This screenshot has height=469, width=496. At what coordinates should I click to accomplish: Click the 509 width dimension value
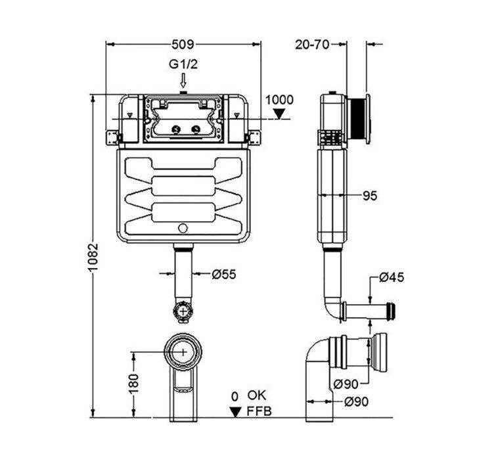(x=183, y=45)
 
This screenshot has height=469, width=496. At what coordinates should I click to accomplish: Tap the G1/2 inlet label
(x=183, y=65)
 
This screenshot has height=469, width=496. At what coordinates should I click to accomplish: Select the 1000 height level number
(x=279, y=99)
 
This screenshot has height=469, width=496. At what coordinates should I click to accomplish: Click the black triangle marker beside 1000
(x=280, y=114)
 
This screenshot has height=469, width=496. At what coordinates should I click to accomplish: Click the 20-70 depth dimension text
(x=312, y=44)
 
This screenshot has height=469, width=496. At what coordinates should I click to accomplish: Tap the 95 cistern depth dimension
(x=369, y=195)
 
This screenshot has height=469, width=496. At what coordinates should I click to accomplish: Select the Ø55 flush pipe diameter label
(x=224, y=275)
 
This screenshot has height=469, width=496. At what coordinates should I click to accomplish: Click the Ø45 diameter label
(x=391, y=277)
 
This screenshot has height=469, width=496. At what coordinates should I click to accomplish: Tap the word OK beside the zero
(x=257, y=395)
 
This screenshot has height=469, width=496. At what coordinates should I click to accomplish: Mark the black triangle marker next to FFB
(x=235, y=412)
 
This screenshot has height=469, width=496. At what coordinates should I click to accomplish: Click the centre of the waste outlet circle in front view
(x=183, y=352)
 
